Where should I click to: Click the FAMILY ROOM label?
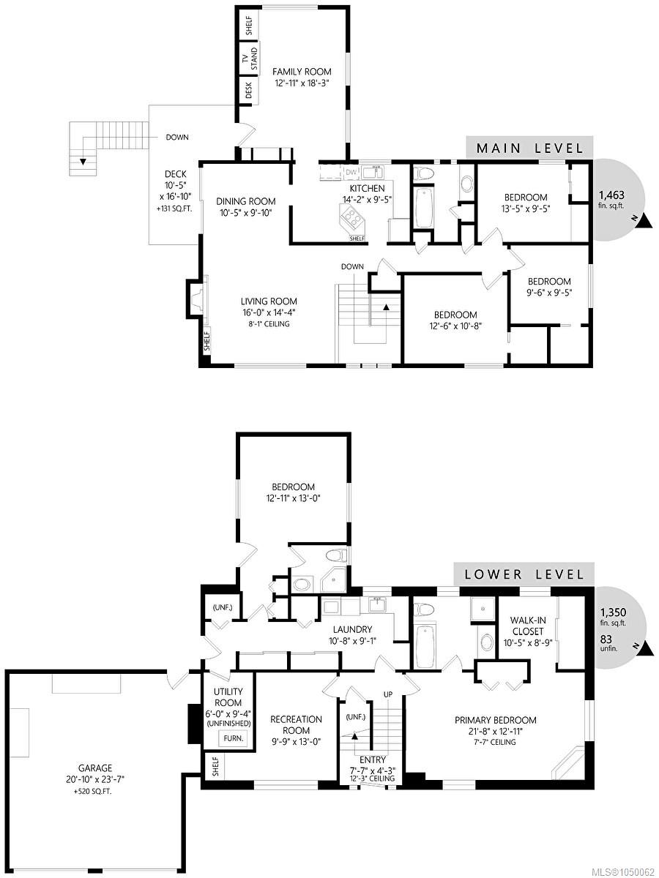(x=302, y=72)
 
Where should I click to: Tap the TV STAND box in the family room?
(x=249, y=58)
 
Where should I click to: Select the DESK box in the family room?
(x=249, y=91)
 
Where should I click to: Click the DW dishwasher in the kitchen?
(x=351, y=173)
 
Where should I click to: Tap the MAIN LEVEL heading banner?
(x=529, y=148)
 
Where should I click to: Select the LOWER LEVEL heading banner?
(x=524, y=575)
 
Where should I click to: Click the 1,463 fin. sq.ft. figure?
(x=611, y=200)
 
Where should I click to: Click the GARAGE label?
(x=95, y=768)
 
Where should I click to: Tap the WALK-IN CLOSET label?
(x=528, y=626)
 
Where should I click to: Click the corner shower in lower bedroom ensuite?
(x=333, y=579)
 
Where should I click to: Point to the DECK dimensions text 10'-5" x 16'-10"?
(x=176, y=191)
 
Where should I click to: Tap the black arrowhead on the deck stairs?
(x=83, y=162)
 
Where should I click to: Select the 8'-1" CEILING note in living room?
(x=269, y=323)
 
